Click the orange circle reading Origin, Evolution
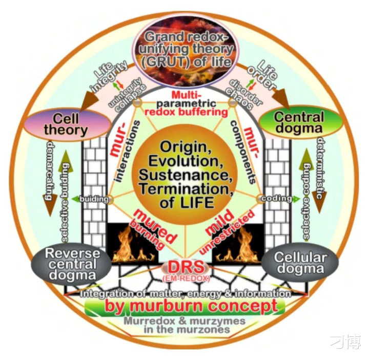tap(185, 173)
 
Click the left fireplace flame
tap(125, 245)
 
